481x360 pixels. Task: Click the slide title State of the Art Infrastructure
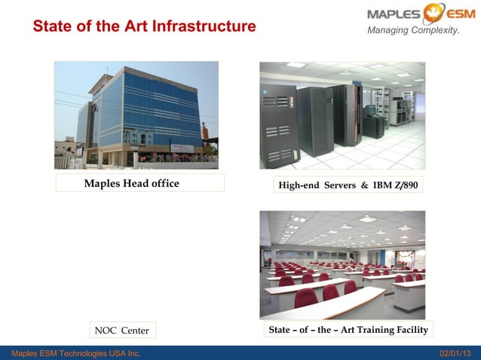(x=144, y=26)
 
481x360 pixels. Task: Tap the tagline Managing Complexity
(x=413, y=30)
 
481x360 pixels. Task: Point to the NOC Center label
(x=121, y=330)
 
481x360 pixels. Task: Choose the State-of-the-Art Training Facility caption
(x=348, y=330)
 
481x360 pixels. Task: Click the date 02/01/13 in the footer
(x=455, y=353)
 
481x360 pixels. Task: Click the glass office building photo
(x=136, y=115)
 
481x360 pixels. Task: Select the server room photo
(x=342, y=115)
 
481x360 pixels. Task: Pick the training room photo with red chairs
(x=342, y=264)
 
